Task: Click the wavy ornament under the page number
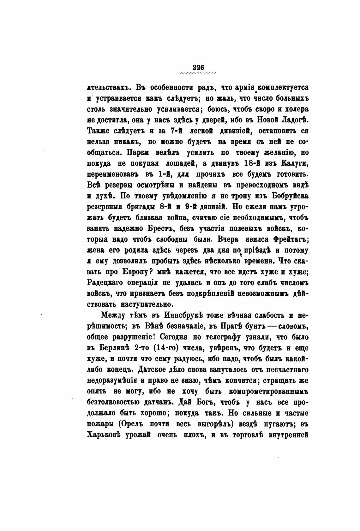tap(198, 73)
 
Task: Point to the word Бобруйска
tap(290, 196)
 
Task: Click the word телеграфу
tap(222, 337)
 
